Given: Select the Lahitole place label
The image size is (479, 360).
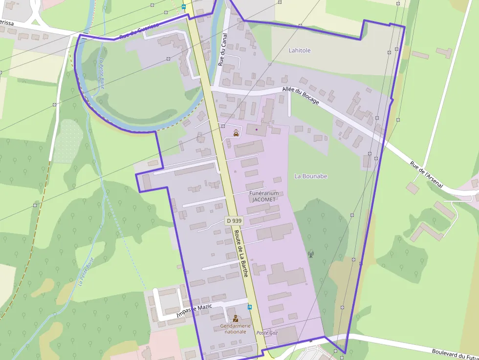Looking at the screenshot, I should tap(300, 50).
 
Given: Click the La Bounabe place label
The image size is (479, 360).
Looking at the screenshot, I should tap(311, 176).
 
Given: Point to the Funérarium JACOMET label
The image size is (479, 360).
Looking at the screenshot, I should tap(264, 196).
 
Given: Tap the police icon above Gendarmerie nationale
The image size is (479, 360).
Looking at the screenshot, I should tap(236, 318).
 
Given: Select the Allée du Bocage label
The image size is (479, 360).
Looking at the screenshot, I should tap(301, 95).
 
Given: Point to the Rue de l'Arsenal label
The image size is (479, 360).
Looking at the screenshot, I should tap(426, 175).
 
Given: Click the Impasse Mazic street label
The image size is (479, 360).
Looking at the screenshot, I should tap(194, 311).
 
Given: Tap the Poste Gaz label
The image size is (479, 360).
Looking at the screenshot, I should tap(267, 332).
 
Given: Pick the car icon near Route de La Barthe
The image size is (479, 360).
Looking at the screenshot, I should tap(236, 132).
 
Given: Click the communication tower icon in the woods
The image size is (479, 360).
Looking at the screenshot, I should tap(310, 254).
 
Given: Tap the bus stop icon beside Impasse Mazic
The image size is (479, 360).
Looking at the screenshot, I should tap(250, 307).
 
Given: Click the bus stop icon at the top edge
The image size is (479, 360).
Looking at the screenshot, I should tap(183, 7).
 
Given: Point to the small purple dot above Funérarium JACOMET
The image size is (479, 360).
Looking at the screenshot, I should tap(256, 129).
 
